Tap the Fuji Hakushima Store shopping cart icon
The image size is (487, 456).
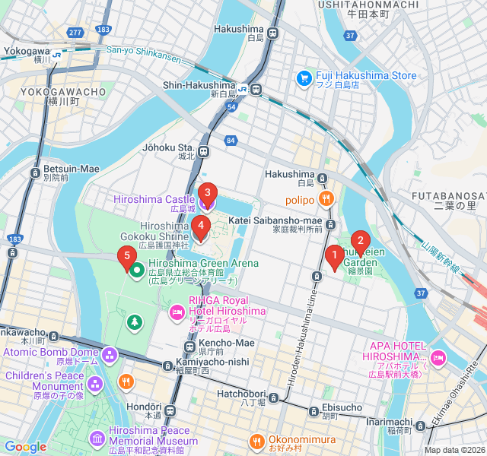click(x=304, y=77)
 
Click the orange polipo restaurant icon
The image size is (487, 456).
click(x=326, y=200)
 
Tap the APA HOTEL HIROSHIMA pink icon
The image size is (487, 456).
click(x=438, y=357)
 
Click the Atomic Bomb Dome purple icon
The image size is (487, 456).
click(x=110, y=353)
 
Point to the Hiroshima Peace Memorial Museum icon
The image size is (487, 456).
click(x=97, y=439)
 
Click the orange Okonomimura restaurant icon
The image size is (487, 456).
click(x=257, y=440)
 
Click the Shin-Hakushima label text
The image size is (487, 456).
click(x=199, y=85)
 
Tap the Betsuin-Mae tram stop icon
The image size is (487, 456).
click(x=35, y=173)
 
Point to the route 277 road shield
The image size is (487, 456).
click(x=74, y=33)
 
